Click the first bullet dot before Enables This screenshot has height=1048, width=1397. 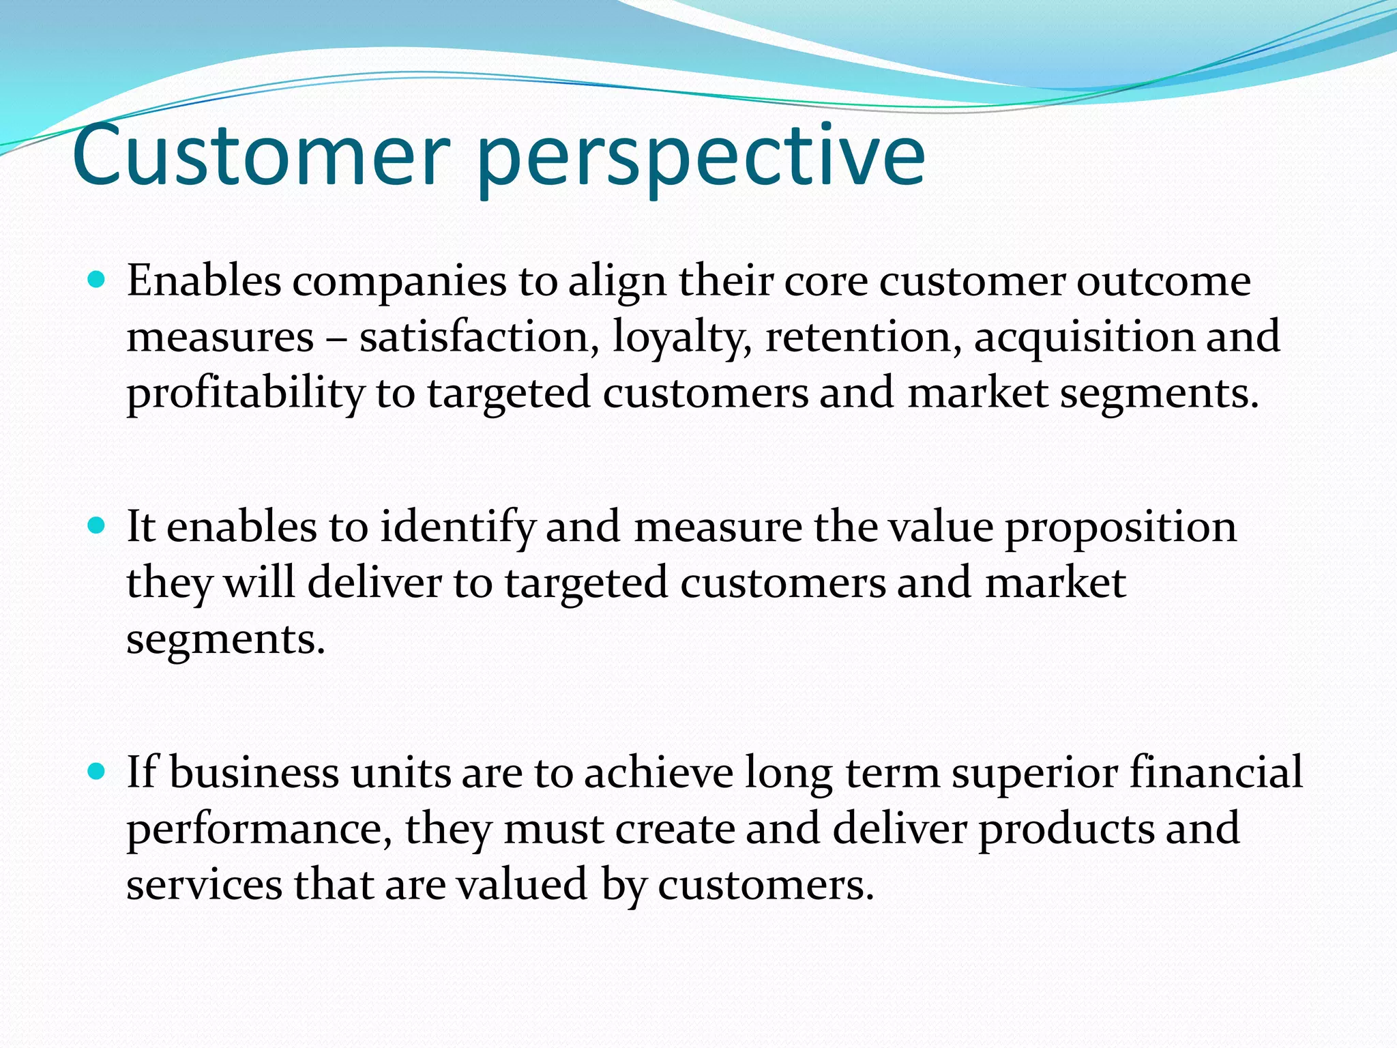pyautogui.click(x=98, y=279)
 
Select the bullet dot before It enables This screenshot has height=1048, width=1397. pyautogui.click(x=98, y=525)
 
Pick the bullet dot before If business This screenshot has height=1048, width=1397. pyautogui.click(x=98, y=772)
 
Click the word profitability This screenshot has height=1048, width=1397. pyautogui.click(x=246, y=394)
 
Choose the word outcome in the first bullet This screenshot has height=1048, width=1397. pyautogui.click(x=1163, y=282)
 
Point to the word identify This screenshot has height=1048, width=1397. pyautogui.click(x=457, y=528)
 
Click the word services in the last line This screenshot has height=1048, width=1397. pyautogui.click(x=204, y=885)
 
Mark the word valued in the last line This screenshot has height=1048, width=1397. pyautogui.click(x=522, y=885)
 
